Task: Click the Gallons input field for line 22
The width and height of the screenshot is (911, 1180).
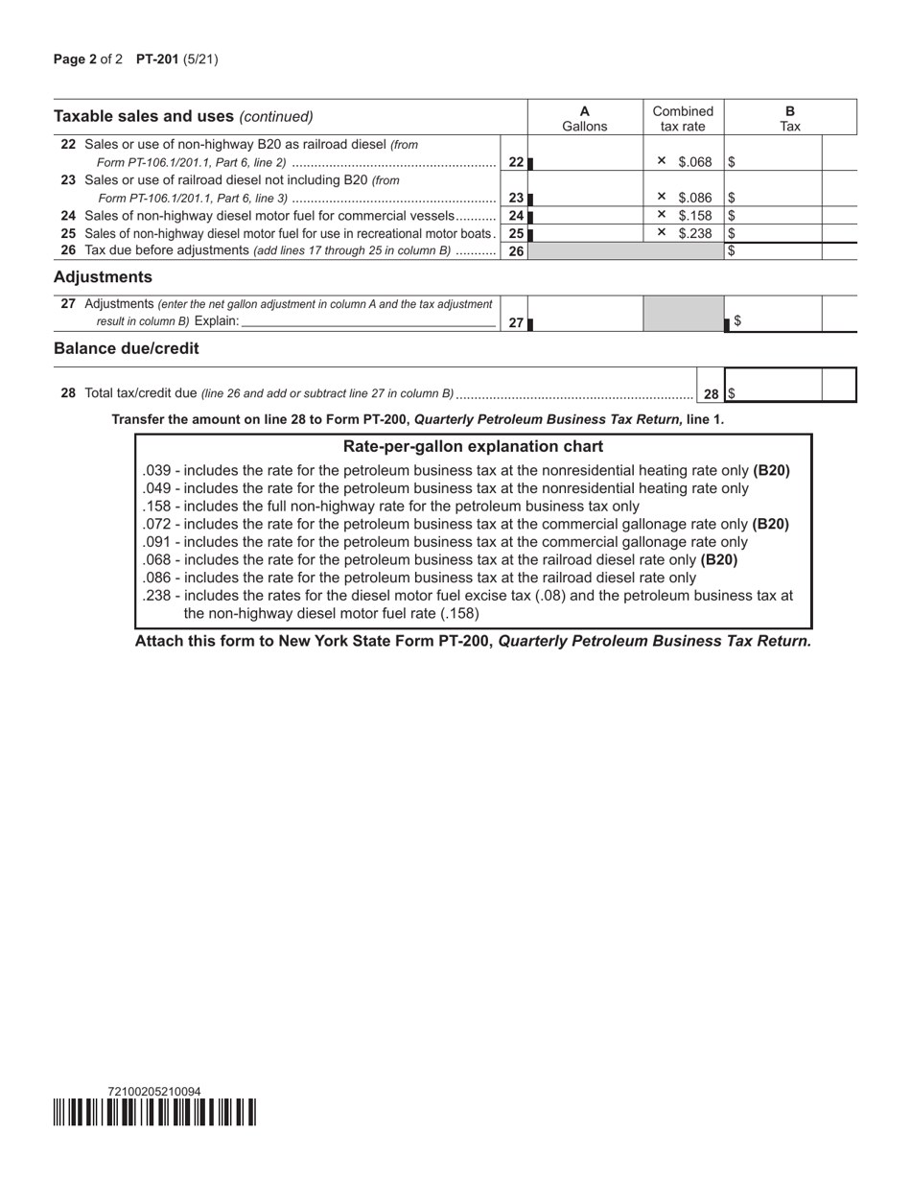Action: [586, 161]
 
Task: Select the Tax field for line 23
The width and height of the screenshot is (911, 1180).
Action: [773, 197]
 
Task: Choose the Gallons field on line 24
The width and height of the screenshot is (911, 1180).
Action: [586, 216]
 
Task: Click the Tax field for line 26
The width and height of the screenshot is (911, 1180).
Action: [773, 251]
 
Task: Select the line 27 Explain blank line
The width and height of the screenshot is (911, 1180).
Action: [368, 322]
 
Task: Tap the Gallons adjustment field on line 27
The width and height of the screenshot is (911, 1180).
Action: [586, 315]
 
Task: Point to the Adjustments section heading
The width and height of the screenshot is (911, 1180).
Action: [103, 277]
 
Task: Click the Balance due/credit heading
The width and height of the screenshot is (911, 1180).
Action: [127, 348]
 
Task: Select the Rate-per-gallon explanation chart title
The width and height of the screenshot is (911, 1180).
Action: [473, 447]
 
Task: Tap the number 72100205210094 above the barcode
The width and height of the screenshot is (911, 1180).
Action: [154, 1091]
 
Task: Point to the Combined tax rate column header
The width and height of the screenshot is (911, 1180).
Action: [683, 118]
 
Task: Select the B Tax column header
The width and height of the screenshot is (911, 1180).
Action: [789, 118]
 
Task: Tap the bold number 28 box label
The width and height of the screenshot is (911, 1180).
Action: [711, 393]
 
